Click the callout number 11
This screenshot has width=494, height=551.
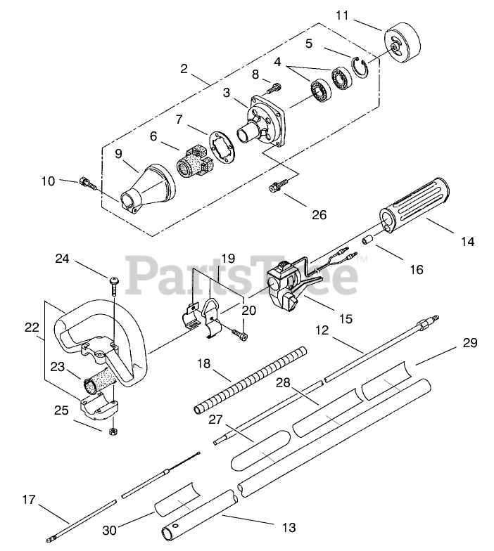click(x=342, y=15)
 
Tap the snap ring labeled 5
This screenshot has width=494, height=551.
click(x=360, y=67)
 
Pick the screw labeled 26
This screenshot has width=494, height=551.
click(x=279, y=186)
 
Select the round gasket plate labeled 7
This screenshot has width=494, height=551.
click(x=221, y=147)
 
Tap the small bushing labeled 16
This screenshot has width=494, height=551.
click(x=369, y=240)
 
